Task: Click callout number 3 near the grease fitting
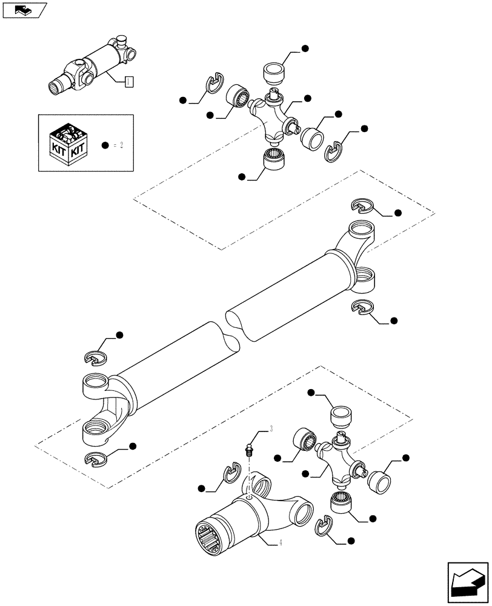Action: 270,429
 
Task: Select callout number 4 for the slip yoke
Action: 281,543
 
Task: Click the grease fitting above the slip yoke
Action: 248,450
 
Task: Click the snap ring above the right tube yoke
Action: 362,206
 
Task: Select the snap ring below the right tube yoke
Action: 362,308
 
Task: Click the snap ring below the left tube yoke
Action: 96,461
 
